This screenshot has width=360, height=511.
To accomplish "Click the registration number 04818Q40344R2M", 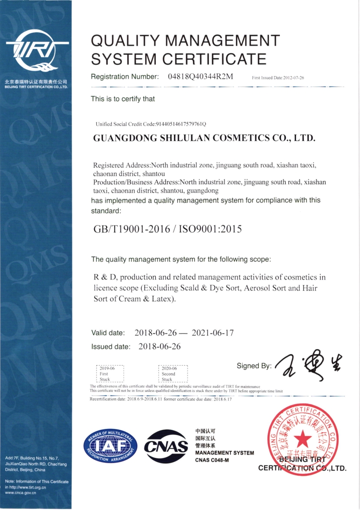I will [x=200, y=76].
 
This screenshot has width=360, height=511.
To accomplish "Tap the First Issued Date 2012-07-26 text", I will [x=278, y=78].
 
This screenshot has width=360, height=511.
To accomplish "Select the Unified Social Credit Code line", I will [x=151, y=124].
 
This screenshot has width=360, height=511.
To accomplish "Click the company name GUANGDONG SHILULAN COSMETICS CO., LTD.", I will [x=204, y=138].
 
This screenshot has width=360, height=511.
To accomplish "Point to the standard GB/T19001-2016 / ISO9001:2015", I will [x=167, y=229].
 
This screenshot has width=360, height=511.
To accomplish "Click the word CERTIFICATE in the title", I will [x=214, y=59].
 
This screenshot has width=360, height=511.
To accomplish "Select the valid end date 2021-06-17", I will [x=213, y=333].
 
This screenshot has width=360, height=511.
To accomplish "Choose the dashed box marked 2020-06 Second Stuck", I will [x=173, y=373].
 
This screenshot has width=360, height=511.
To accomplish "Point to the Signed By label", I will [x=254, y=366].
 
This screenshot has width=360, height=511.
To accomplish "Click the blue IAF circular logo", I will [x=110, y=445].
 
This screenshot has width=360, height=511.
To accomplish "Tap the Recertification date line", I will [x=161, y=399].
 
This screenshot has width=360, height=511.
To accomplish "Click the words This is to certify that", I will [x=123, y=99].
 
